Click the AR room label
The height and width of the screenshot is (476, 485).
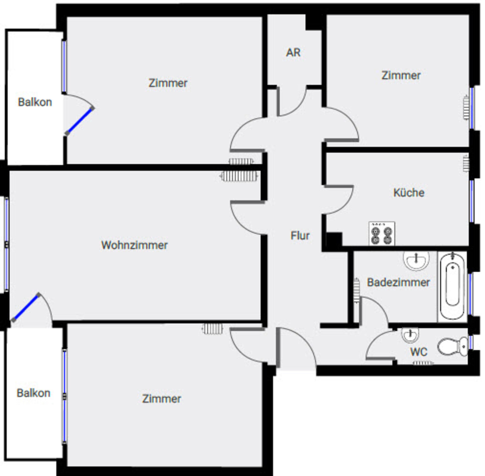coord(293,53)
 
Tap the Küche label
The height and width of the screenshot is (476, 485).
coord(409,193)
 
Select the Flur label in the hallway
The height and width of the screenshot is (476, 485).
coord(300,236)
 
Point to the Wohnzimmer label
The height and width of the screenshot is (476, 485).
coord(134,245)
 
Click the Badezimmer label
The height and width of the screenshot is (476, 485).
coord(398,282)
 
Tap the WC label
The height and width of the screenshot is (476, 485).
coord(419,352)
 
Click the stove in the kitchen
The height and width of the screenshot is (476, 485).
coord(382,233)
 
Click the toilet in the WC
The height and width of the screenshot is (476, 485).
coord(453,346)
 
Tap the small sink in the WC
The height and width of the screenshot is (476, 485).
coord(410,335)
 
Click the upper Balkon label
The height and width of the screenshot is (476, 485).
coord(35,102)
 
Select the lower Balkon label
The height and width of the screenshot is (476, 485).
coord(34,393)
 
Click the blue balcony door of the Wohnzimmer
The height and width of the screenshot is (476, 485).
coord(26,307)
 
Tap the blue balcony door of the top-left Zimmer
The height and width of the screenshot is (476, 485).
coord(80,121)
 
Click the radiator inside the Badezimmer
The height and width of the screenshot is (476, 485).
coord(356,290)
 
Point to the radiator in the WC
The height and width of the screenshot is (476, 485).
coord(423,363)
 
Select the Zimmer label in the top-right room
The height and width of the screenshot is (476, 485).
coord(401,76)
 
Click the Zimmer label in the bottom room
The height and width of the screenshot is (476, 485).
coord(161,399)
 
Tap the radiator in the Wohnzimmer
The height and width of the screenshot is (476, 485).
coord(239,176)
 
